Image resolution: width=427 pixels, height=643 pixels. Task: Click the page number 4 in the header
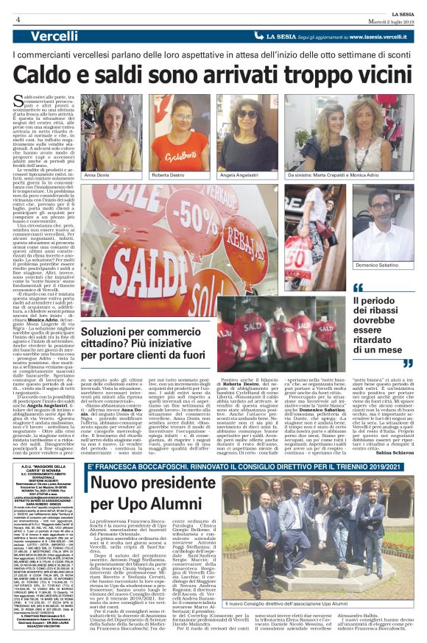tap(17, 18)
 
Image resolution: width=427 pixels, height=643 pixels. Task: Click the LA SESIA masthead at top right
tap(406, 12)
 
